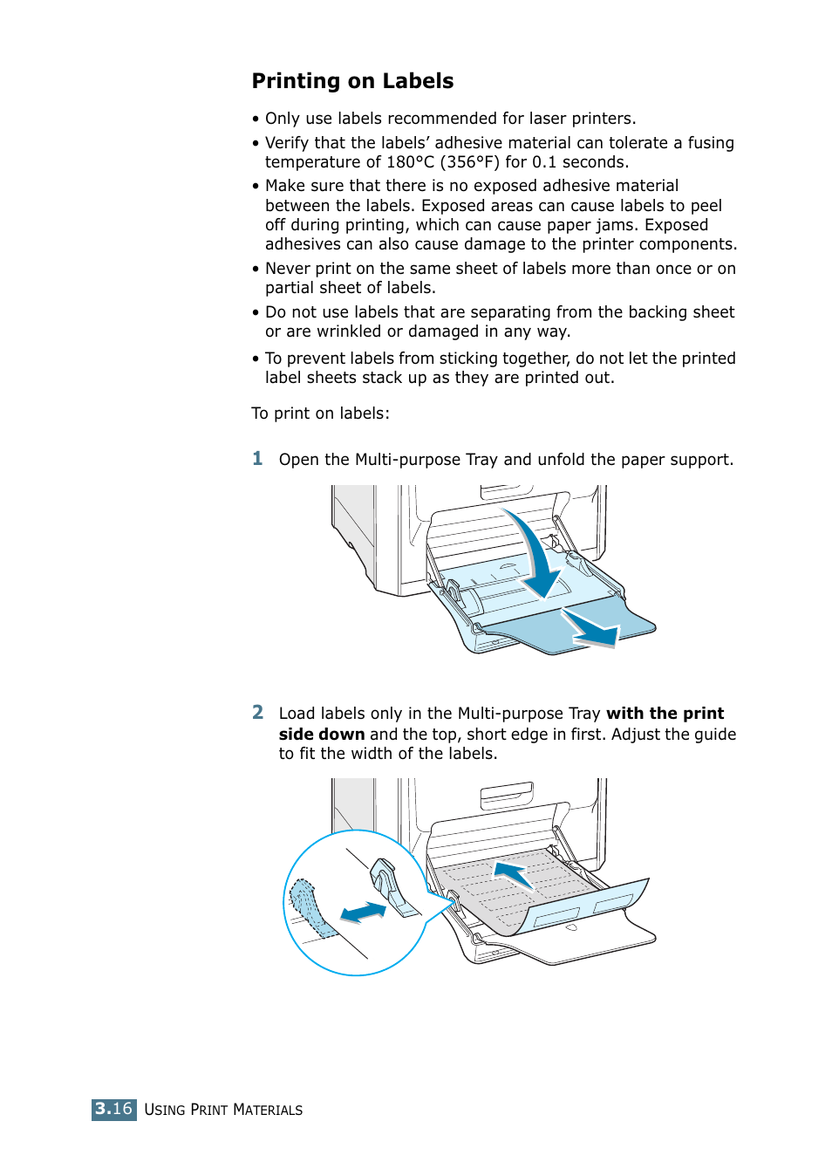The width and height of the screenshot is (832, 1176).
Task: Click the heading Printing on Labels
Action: click(x=352, y=81)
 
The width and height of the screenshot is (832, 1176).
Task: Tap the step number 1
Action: click(x=257, y=459)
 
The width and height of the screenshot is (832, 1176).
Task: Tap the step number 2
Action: click(x=257, y=713)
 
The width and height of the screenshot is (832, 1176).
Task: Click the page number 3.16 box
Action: click(x=113, y=1109)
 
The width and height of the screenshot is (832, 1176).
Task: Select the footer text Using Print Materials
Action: click(x=223, y=1110)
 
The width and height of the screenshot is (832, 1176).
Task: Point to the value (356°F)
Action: click(x=469, y=162)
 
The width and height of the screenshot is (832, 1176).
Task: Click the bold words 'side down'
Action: click(x=321, y=735)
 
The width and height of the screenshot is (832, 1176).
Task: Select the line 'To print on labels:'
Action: click(x=320, y=414)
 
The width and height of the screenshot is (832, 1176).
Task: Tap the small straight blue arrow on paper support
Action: click(x=590, y=630)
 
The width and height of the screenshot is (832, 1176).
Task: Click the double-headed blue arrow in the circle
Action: click(x=363, y=913)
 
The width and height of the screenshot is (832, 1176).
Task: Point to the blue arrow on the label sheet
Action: click(x=514, y=873)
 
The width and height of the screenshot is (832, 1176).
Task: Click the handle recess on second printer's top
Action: click(x=506, y=795)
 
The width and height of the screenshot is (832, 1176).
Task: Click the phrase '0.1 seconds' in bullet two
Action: click(x=579, y=162)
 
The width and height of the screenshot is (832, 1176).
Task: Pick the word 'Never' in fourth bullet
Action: click(x=287, y=269)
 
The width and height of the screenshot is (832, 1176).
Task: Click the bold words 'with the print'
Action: click(x=665, y=714)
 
